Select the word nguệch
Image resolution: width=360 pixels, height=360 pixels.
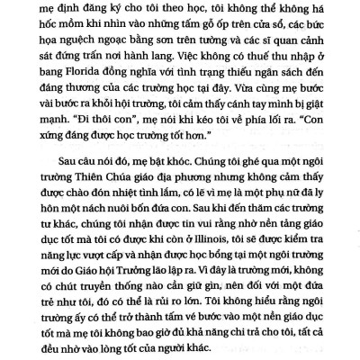[95, 40]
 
